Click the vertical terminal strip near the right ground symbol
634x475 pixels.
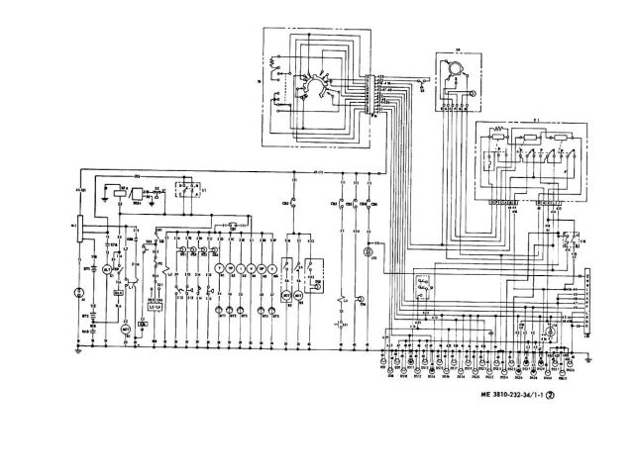click(x=587, y=301)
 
